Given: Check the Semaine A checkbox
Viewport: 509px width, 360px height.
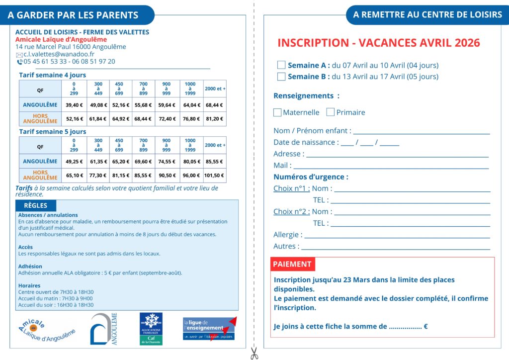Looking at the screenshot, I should (x=281, y=65).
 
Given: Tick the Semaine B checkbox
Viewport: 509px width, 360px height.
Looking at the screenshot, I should (x=281, y=77).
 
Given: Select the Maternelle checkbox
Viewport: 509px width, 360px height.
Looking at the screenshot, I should (x=277, y=112).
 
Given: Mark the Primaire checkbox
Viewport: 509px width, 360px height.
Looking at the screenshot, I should (x=331, y=112).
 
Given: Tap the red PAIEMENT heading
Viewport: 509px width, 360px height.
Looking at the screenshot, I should (x=292, y=264).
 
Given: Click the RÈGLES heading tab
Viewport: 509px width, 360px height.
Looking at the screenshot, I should (x=36, y=205).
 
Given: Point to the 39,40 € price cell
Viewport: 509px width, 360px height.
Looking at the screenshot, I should (x=74, y=105).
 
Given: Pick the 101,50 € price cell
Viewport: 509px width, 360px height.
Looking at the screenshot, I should (x=215, y=175).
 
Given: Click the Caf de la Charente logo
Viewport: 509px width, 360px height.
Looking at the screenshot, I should (x=151, y=329).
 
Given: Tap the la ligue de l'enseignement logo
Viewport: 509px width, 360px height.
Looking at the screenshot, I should (x=209, y=329).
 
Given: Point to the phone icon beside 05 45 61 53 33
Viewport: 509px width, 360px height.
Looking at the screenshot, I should (x=19, y=62).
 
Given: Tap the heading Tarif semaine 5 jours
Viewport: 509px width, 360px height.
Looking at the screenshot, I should (x=53, y=132).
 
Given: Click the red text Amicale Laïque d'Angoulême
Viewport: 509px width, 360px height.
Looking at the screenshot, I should (x=61, y=39).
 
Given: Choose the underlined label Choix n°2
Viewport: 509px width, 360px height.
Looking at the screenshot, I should (x=291, y=211).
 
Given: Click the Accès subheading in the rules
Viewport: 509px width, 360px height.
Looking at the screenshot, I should (x=25, y=247).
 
